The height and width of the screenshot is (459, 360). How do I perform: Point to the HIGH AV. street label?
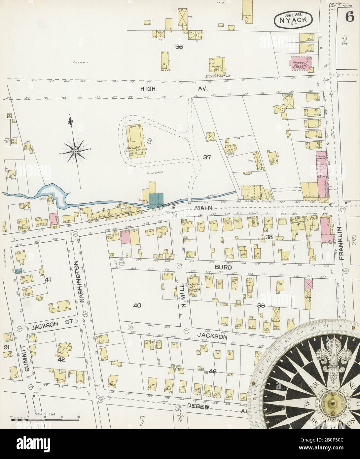coord(150,88)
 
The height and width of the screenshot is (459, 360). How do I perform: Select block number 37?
coord(207,157)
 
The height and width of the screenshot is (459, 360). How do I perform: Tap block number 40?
coord(137,305)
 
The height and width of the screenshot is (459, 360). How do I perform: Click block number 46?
coord(212,371)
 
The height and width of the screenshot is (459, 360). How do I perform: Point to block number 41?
coord(48,280)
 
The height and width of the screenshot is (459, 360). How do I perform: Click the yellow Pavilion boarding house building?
coord(134,141)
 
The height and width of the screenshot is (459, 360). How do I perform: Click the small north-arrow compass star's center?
coord(76,152)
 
